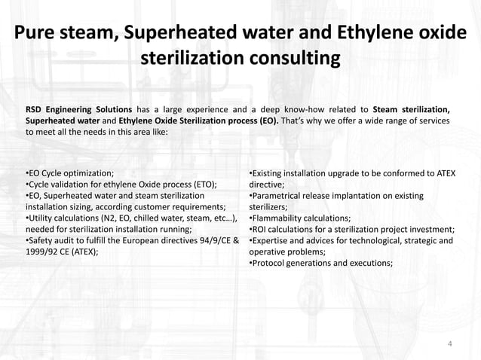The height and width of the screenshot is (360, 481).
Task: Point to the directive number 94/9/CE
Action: pyautogui.click(x=213, y=241)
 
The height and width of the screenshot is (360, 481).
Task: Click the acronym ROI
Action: pyautogui.click(x=261, y=230)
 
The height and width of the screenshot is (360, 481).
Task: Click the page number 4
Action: pyautogui.click(x=450, y=345)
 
